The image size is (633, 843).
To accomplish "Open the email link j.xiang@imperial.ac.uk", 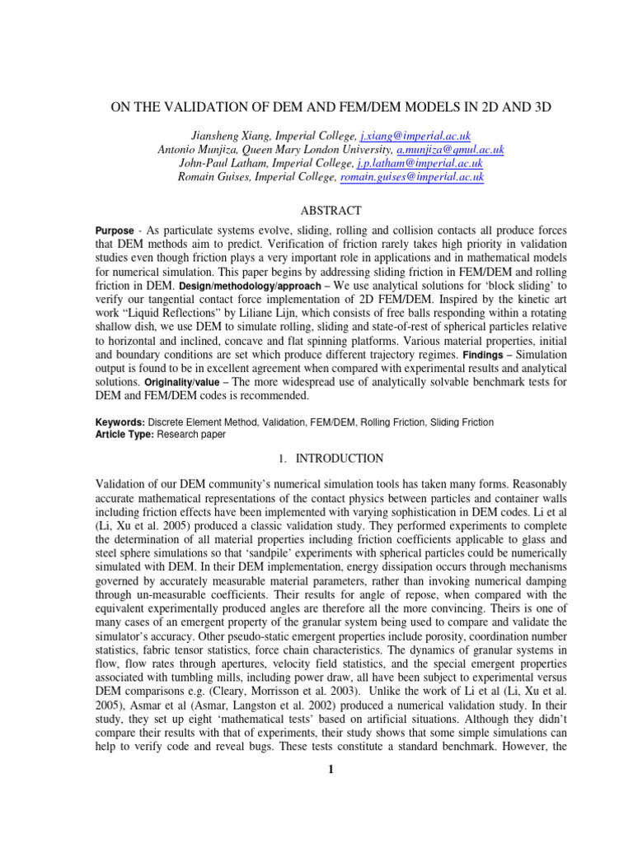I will click(415, 136).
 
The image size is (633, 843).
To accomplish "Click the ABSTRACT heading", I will click(316, 211).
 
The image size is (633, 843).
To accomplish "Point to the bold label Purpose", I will click(115, 232).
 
